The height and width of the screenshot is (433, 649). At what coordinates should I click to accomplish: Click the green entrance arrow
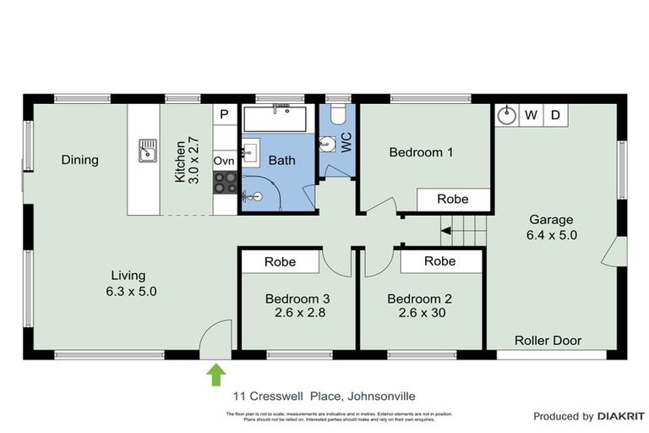tap(216, 374)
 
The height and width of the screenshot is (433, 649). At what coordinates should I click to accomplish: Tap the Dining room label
tap(79, 160)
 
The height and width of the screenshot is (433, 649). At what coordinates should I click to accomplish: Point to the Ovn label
tap(224, 161)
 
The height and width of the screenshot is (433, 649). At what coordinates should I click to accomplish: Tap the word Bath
tap(281, 160)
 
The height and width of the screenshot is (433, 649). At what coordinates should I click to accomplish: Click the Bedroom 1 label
tap(421, 152)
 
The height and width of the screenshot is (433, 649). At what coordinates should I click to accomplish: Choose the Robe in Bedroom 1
tap(453, 200)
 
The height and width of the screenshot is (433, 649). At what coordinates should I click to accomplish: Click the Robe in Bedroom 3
tap(280, 262)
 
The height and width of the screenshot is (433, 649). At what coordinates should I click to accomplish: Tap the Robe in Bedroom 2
tap(439, 262)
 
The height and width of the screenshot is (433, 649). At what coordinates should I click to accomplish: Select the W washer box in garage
tap(531, 115)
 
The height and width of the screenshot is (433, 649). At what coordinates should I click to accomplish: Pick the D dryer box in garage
tap(555, 115)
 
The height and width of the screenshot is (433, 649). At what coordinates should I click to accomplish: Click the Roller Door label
tap(548, 341)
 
